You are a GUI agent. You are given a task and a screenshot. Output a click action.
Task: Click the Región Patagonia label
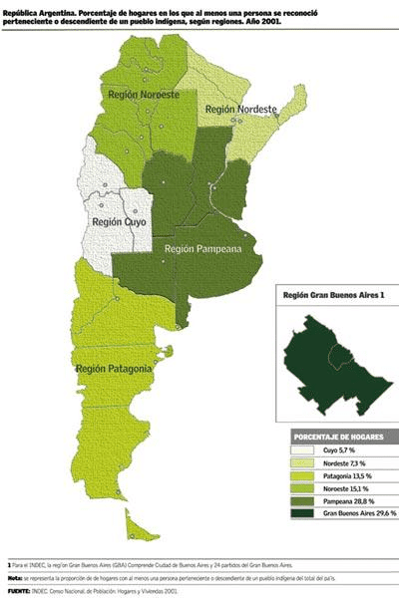(x=114, y=369)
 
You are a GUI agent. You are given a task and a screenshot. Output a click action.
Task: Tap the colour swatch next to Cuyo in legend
(x=305, y=450)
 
